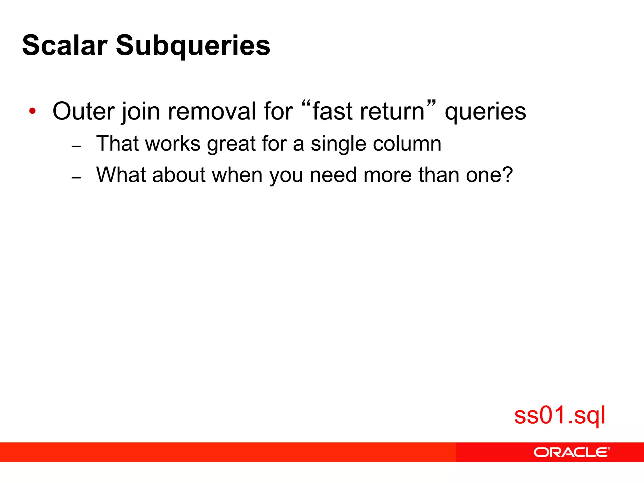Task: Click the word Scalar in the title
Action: coord(65,45)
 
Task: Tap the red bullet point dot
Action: coord(32,111)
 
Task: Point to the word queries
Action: coord(485,112)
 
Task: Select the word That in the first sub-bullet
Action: coord(117,143)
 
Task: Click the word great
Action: coord(231,144)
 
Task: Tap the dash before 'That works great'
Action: coord(76,147)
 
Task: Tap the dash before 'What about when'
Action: coord(76,178)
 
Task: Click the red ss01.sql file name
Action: coord(559,415)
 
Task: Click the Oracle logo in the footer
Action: coord(571,452)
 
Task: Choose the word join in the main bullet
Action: coord(141,112)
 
